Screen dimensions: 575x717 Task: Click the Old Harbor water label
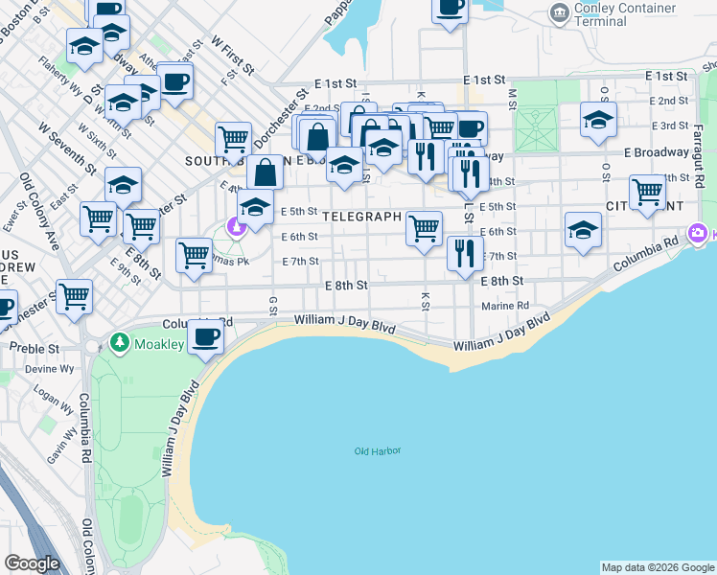[x=377, y=451]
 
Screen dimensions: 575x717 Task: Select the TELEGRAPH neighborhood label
[x=361, y=217]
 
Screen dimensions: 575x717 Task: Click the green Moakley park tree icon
[x=119, y=342]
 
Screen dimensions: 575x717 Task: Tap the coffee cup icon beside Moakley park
[x=206, y=337]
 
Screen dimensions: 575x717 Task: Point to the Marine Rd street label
[x=506, y=306]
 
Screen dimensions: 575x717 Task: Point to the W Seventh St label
[x=67, y=148]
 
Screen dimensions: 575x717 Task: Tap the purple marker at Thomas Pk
[x=235, y=226]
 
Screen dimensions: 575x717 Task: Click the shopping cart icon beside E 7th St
[x=194, y=255]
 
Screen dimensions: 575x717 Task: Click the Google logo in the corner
[x=32, y=563]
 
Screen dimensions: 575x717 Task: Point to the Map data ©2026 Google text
[x=657, y=567]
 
